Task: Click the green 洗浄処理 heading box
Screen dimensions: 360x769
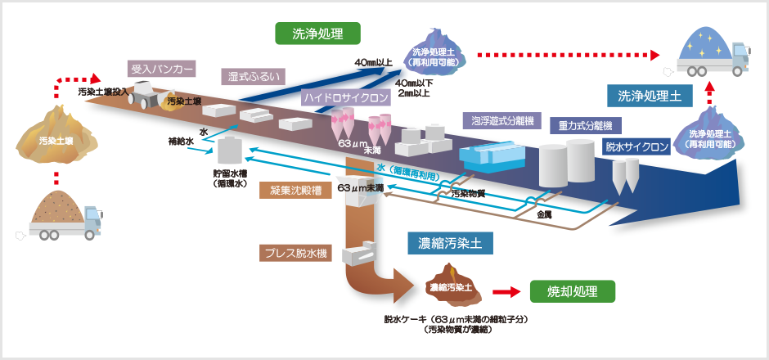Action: (317, 34)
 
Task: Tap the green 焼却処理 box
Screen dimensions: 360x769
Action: (572, 291)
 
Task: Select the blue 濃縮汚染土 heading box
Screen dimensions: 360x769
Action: (449, 243)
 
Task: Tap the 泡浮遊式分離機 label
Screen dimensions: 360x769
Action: (502, 121)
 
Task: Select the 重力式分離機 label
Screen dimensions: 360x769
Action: (585, 125)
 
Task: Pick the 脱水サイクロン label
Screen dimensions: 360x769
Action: (637, 147)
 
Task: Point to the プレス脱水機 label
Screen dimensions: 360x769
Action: (295, 254)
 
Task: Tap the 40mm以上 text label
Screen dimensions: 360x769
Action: (374, 62)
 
